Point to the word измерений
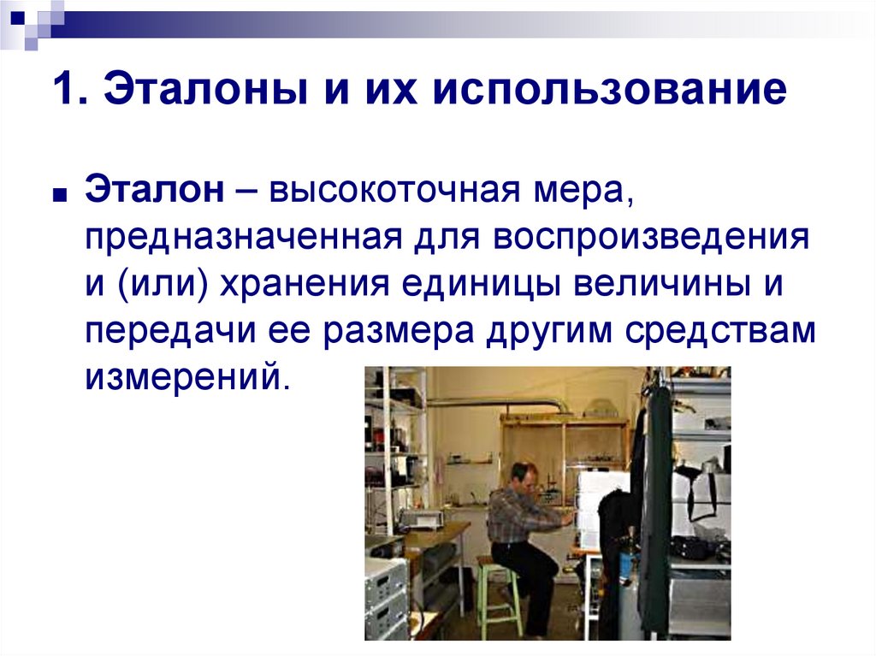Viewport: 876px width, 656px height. tap(181, 376)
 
